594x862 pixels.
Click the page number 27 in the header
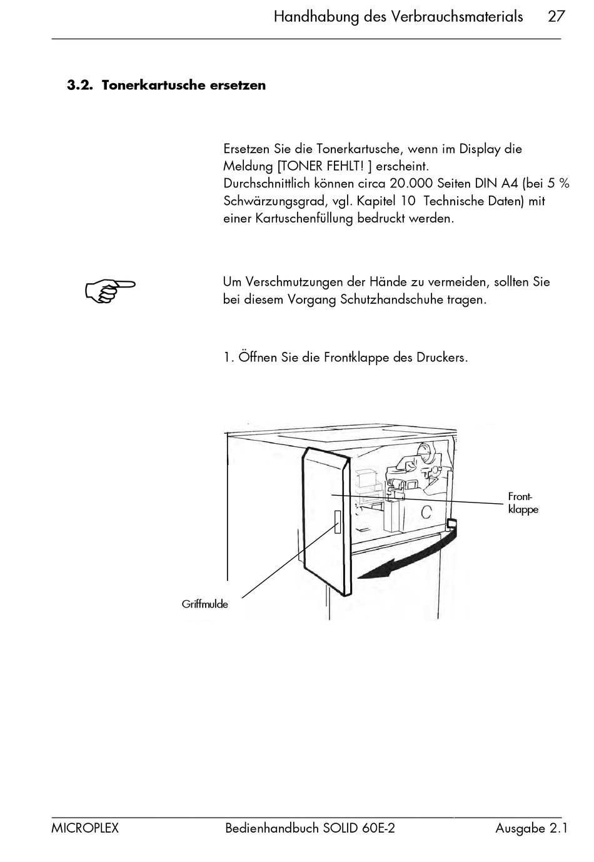pyautogui.click(x=556, y=17)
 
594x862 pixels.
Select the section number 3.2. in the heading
pyautogui.click(x=80, y=85)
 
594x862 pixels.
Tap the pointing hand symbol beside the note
pyautogui.click(x=110, y=291)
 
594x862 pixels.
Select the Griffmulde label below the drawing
pyautogui.click(x=204, y=604)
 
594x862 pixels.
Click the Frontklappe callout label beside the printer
pyautogui.click(x=523, y=503)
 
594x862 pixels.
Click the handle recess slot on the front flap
pyautogui.click(x=337, y=522)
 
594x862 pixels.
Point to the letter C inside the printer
pyautogui.click(x=426, y=512)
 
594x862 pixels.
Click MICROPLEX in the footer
pyautogui.click(x=85, y=828)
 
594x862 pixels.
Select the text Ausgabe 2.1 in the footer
pyautogui.click(x=531, y=828)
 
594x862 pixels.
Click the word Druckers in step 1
pyautogui.click(x=442, y=358)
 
